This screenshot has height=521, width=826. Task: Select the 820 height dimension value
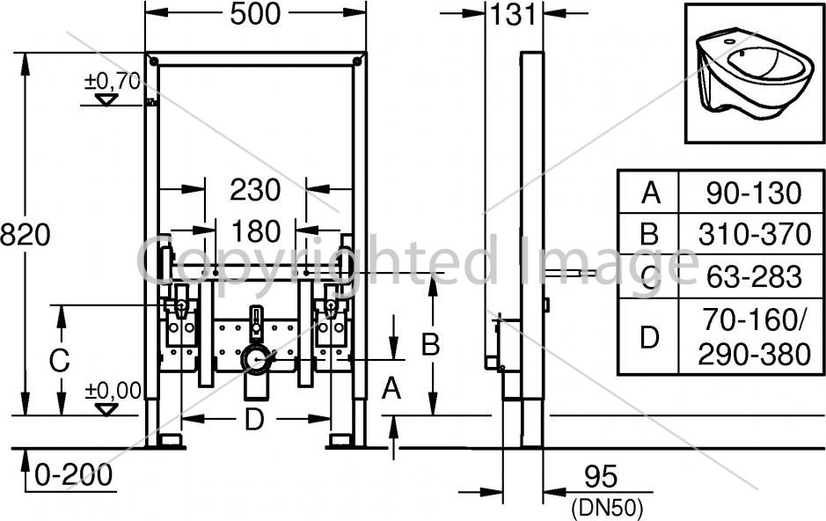tap(25, 234)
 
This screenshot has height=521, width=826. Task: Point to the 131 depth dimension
tap(513, 14)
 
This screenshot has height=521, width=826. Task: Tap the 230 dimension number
tap(255, 190)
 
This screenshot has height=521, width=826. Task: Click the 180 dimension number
tap(256, 231)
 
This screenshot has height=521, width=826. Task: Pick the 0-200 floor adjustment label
tap(74, 474)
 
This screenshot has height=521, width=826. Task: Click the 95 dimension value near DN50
tap(601, 477)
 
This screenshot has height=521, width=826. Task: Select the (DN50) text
tap(607, 508)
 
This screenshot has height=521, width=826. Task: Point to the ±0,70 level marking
tap(113, 81)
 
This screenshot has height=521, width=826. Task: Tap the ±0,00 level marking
tap(113, 391)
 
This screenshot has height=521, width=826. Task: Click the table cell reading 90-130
tap(754, 194)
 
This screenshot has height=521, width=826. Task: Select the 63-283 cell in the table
tap(754, 277)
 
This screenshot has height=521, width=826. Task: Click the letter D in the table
tap(649, 337)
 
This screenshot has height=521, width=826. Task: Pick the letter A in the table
tap(651, 194)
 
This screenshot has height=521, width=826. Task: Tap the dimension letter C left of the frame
tap(59, 361)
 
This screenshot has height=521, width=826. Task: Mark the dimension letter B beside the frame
tap(430, 346)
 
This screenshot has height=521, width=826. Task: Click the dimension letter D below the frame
tap(254, 420)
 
